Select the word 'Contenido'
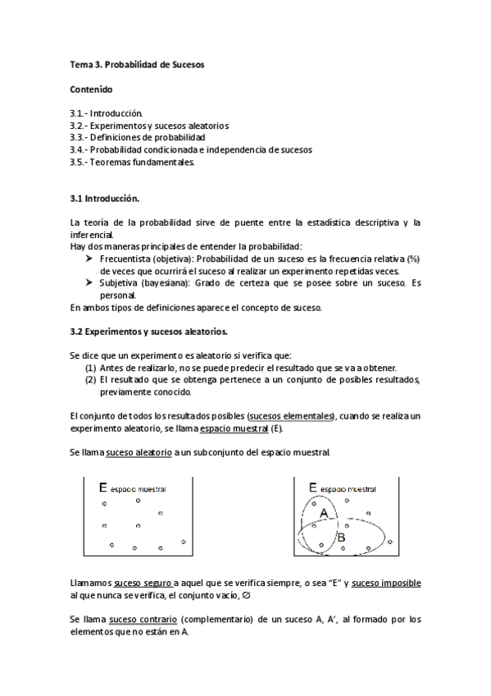click(91, 88)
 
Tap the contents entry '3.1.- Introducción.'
click(107, 112)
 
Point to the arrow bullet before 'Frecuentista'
click(90, 259)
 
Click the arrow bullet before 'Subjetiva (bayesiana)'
click(90, 282)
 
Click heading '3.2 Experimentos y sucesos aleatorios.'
click(148, 331)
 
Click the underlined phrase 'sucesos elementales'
click(291, 416)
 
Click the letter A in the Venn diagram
click(324, 513)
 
